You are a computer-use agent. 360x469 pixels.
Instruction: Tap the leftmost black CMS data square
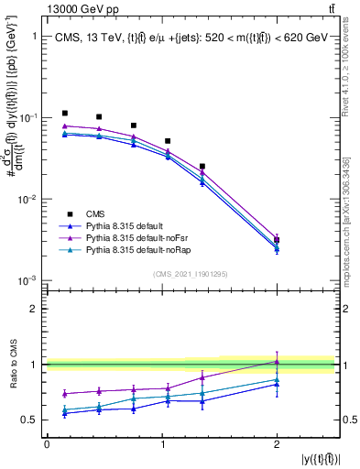[x=64, y=113]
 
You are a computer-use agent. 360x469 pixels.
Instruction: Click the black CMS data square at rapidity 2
[x=277, y=240]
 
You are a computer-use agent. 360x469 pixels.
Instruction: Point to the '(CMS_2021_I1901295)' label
[x=191, y=273]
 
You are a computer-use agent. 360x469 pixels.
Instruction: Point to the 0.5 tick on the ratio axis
[x=36, y=420]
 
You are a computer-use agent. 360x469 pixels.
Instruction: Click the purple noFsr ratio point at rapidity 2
[x=277, y=361]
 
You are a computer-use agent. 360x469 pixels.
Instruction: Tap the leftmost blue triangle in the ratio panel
[x=64, y=414]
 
